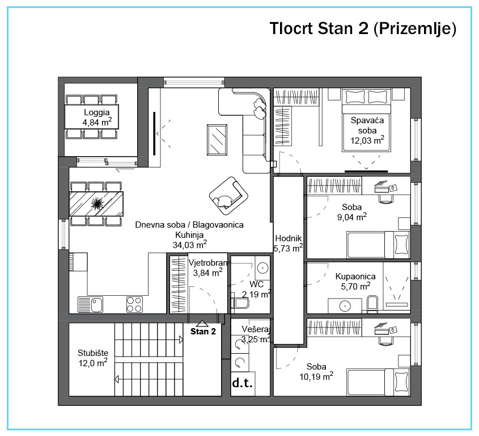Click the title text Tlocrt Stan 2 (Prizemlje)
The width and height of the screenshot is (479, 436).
point(363,28)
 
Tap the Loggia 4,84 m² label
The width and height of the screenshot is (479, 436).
point(97,117)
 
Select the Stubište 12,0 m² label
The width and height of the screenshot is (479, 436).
point(93,358)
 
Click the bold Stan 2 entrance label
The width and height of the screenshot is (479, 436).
point(203,332)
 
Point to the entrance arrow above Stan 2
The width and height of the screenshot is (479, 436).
point(202,324)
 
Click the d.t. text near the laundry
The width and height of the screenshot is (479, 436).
point(243,383)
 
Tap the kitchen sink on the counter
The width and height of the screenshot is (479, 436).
point(91,305)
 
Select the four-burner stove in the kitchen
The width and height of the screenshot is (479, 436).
point(134,305)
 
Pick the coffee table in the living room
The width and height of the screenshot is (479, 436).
point(217,140)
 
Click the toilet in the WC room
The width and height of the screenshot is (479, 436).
point(240,303)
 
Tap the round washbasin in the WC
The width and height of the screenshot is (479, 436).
point(262,269)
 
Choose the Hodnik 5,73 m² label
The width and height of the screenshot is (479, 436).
point(289,243)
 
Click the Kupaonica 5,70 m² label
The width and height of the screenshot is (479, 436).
point(355,282)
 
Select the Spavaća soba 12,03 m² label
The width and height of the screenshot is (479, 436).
point(367,131)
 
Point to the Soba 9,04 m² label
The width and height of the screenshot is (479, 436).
point(352,212)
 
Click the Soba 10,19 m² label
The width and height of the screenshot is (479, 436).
point(316,371)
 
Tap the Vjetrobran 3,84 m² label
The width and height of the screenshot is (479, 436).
point(207,268)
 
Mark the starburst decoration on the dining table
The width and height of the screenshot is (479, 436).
point(96,203)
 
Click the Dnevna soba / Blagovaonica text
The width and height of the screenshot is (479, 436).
point(189,225)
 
